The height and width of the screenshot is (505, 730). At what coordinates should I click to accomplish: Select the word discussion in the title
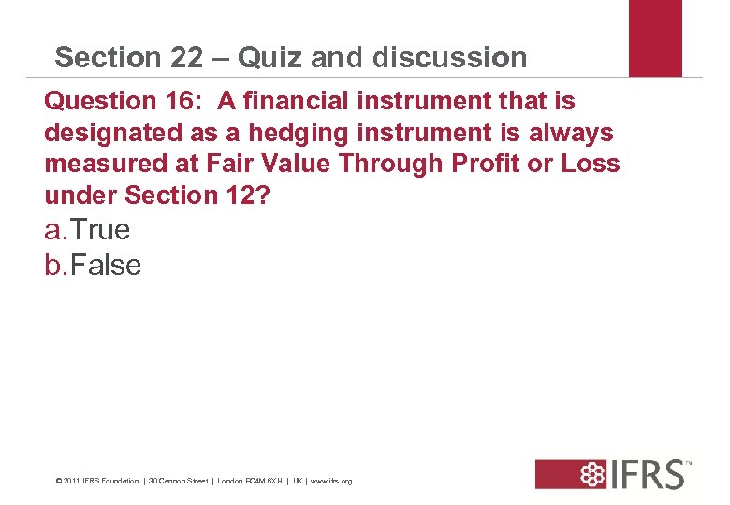tap(449, 57)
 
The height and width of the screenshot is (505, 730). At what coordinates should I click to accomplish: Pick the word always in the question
tap(572, 132)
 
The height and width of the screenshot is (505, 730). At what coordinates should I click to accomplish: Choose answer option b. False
tap(93, 265)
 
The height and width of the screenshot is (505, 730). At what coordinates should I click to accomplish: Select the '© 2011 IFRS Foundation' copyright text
tap(97, 482)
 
